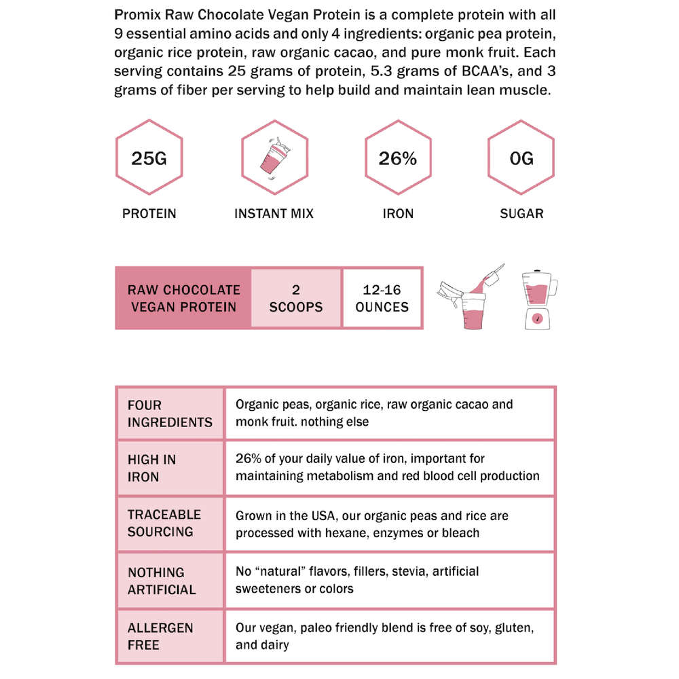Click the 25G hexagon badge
click(x=149, y=159)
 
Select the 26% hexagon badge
click(x=398, y=159)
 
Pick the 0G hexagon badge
click(x=521, y=159)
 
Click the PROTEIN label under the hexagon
click(x=149, y=213)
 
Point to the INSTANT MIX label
click(x=274, y=213)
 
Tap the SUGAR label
click(x=521, y=213)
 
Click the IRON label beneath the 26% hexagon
click(x=398, y=213)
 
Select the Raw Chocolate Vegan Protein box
click(x=183, y=298)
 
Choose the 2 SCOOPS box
click(x=296, y=298)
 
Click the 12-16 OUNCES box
click(x=382, y=298)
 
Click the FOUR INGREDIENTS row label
click(x=170, y=414)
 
